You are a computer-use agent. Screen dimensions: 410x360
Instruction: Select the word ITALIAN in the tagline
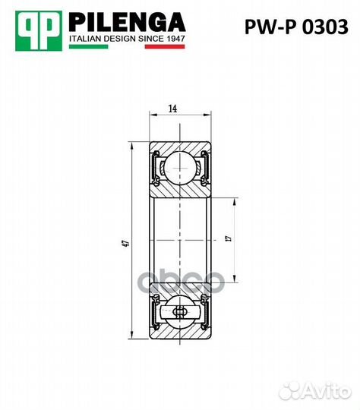(87, 37)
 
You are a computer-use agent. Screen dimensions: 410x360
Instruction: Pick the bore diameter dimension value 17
(228, 240)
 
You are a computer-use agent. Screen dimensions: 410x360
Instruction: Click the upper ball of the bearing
(181, 166)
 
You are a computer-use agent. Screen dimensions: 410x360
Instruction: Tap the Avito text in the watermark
(328, 390)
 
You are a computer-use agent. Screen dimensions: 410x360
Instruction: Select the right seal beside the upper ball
(205, 168)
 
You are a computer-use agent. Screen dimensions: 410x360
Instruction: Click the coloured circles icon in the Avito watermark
(292, 390)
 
